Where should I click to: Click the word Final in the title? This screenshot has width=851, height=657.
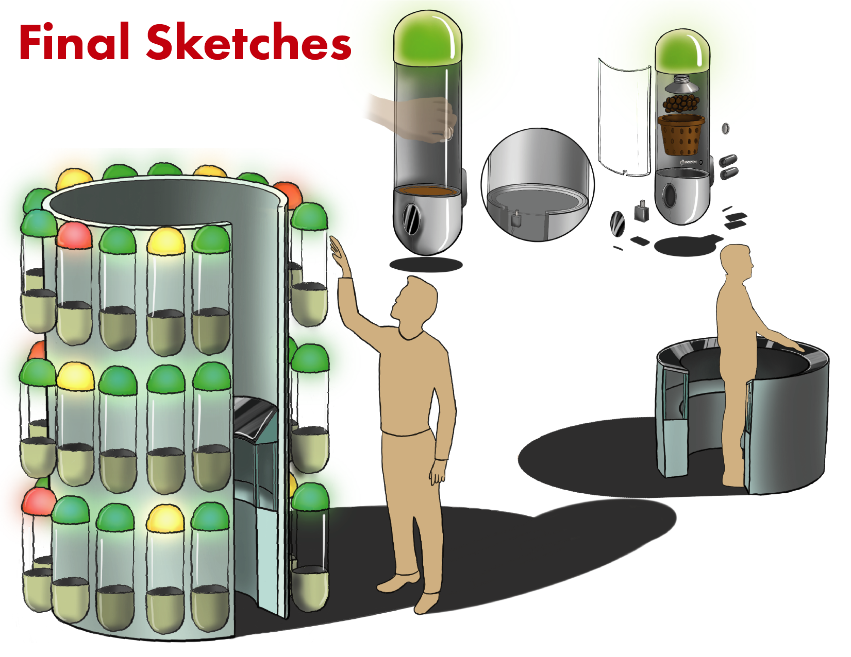pos(75,42)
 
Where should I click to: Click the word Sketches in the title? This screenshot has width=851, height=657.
pos(248,42)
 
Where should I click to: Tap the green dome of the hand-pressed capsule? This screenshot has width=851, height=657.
pos(427,37)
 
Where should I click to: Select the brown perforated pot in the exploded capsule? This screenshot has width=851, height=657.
pos(680,135)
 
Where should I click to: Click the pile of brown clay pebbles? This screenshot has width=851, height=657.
pos(681,103)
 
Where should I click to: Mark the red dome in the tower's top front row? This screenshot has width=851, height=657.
pos(74,236)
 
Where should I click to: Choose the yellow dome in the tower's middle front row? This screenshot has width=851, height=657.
pos(75,376)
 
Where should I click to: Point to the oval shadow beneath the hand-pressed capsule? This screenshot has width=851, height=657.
pos(426,265)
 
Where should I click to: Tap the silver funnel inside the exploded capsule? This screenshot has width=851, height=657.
pos(682,85)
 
